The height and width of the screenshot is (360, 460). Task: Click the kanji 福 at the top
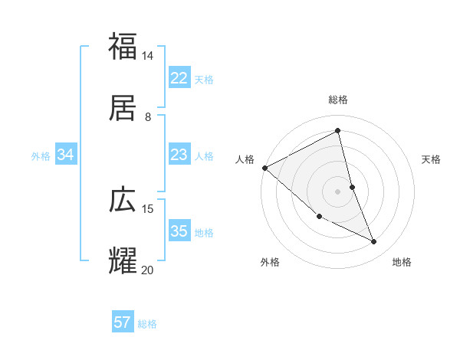click(x=123, y=46)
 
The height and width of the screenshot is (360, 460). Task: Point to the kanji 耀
click(x=123, y=260)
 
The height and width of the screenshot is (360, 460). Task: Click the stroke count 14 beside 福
click(x=148, y=56)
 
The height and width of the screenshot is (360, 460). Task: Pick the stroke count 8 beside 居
click(x=148, y=116)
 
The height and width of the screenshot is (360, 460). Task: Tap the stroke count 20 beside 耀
click(x=148, y=270)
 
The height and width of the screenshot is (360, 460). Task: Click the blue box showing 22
click(x=179, y=78)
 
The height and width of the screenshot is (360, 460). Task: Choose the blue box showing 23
click(x=179, y=155)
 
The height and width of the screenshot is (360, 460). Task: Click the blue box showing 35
click(x=179, y=231)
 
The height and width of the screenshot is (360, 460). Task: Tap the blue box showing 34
click(x=66, y=155)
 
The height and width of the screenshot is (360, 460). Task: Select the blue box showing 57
click(x=123, y=322)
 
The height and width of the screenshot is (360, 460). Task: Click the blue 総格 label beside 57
click(x=147, y=324)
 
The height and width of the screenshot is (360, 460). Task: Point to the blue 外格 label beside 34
click(x=41, y=156)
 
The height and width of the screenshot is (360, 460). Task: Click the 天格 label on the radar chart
click(x=432, y=159)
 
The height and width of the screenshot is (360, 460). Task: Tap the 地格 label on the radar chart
click(x=402, y=262)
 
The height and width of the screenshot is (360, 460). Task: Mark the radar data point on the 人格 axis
click(x=264, y=168)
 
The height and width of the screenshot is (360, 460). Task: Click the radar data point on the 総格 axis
click(x=338, y=130)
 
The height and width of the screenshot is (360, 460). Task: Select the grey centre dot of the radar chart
click(x=338, y=191)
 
